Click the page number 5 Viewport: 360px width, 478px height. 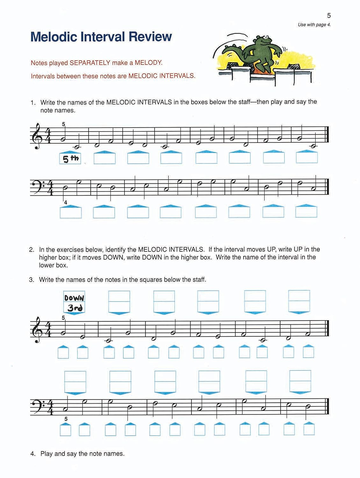(329, 15)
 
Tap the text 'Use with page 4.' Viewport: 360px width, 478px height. (314, 25)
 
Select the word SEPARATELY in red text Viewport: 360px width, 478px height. (90, 63)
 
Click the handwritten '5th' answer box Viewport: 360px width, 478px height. (70, 158)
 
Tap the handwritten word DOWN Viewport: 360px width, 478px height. (74, 298)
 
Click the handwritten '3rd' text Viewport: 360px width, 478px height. (75, 308)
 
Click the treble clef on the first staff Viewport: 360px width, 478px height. (38, 136)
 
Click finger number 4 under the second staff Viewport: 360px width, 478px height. (66, 203)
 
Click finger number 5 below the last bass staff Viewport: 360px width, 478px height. (66, 419)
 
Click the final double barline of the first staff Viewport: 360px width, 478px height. (327, 134)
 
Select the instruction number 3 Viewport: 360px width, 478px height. (31, 280)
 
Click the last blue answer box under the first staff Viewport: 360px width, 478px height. (306, 157)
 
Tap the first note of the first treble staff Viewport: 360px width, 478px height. (64, 139)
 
